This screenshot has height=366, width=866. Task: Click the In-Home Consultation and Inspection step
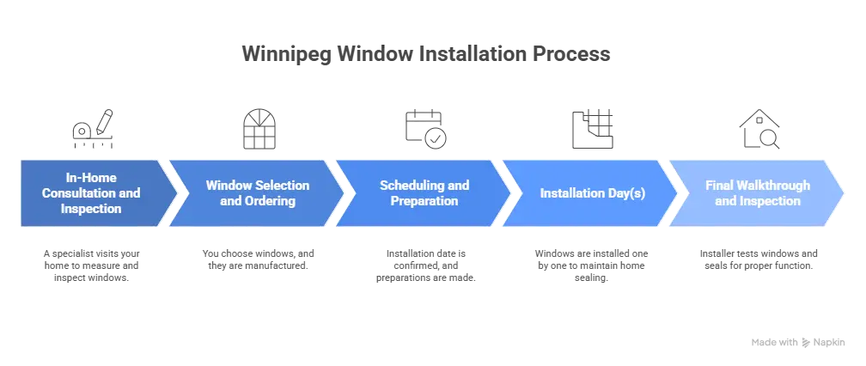(x=91, y=193)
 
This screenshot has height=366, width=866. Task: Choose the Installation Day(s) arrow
(x=592, y=193)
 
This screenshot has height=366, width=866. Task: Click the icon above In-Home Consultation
(x=91, y=127)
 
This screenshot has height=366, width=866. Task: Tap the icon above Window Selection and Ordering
(x=260, y=126)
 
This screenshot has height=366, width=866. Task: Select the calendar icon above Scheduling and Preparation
(x=425, y=126)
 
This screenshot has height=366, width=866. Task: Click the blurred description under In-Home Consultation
(x=92, y=265)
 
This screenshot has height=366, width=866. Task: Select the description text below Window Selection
(x=259, y=260)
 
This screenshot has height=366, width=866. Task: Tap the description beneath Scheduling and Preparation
(x=425, y=266)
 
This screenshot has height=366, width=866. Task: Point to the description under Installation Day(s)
(x=592, y=265)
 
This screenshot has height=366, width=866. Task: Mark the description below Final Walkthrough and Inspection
(x=757, y=260)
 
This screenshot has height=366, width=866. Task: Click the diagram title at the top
(x=425, y=53)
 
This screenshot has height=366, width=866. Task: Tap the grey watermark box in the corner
(x=796, y=343)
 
